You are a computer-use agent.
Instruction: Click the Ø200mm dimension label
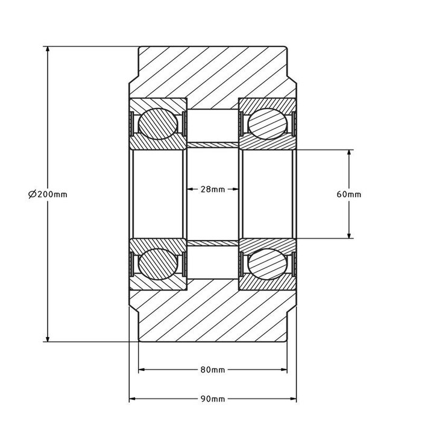[x=48, y=194]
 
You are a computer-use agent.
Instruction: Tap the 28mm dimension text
[x=213, y=189]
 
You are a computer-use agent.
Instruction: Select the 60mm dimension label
[x=349, y=194]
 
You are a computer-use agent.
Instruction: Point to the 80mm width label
[x=213, y=370]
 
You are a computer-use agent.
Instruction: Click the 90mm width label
[x=213, y=399]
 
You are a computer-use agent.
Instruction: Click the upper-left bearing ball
[x=158, y=124]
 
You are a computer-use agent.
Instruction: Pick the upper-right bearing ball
[x=267, y=124]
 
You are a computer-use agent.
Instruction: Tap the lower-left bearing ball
[x=158, y=264]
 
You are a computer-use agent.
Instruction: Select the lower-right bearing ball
[x=267, y=264]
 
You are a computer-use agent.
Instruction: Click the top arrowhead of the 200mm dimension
[x=48, y=50]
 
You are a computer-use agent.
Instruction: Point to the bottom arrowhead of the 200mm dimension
[x=48, y=339]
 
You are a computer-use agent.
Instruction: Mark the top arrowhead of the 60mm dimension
[x=349, y=153]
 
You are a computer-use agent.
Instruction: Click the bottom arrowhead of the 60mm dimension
[x=349, y=235]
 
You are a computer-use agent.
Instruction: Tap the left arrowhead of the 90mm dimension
[x=133, y=398]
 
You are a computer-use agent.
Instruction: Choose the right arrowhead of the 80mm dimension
[x=284, y=370]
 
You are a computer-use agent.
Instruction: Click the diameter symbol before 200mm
[x=32, y=194]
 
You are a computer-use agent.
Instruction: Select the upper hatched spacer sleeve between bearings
[x=213, y=145]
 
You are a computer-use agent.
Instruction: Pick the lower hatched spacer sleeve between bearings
[x=213, y=244]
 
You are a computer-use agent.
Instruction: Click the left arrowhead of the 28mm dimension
[x=190, y=189]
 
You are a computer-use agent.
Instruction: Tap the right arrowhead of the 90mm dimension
[x=293, y=398]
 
